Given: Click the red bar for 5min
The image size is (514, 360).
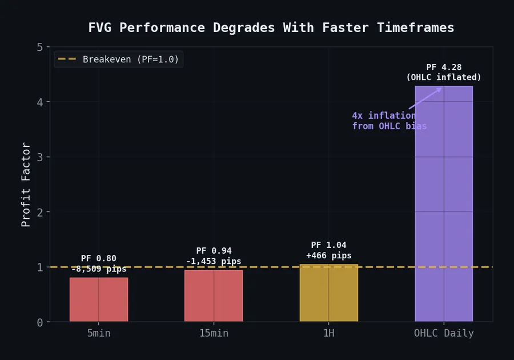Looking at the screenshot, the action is pos(99,299).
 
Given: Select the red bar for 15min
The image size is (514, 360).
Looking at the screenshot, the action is pos(214,295).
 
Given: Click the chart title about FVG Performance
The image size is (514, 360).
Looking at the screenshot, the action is pos(271,27).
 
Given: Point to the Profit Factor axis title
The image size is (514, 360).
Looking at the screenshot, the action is pos(26,184).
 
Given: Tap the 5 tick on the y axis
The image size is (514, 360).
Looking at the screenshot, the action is pos(39,47).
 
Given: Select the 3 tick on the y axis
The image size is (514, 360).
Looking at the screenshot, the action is pos(39,157).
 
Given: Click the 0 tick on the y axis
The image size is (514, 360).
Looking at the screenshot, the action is pos(39,322).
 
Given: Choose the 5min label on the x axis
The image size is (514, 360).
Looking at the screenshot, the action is pos(99,333).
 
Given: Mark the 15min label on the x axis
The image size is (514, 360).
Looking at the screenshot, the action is pos(214,333).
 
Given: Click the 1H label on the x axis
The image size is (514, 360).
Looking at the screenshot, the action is pos(328,333).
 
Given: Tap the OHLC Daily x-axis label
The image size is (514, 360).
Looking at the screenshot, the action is pos(444,333).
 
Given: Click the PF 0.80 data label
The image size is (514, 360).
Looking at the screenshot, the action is pos(99,258).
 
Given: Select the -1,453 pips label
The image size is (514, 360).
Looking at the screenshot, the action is pos(214,261).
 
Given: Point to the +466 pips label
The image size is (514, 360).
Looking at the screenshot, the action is pos(328,255).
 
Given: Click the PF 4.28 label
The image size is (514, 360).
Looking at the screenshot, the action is pos(444,67).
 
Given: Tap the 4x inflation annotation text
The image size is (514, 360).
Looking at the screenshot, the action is pos(389,121).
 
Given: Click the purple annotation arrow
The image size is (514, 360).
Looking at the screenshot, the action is pos(425,98).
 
